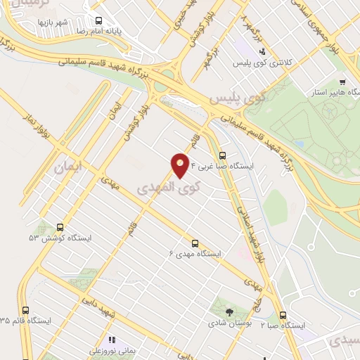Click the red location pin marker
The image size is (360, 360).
click(x=181, y=165)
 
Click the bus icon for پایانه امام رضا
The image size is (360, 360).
click(x=99, y=20)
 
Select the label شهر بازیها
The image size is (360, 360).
click(x=53, y=22)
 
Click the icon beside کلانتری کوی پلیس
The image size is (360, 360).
click(x=262, y=51)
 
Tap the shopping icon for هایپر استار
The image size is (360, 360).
click(x=342, y=82)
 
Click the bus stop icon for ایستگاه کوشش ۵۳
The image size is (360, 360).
click(x=60, y=227)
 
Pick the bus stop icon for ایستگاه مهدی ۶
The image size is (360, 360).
click(x=195, y=241)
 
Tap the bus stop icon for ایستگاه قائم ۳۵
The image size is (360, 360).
click(x=26, y=309)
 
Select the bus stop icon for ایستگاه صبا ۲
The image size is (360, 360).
click(x=283, y=315)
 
